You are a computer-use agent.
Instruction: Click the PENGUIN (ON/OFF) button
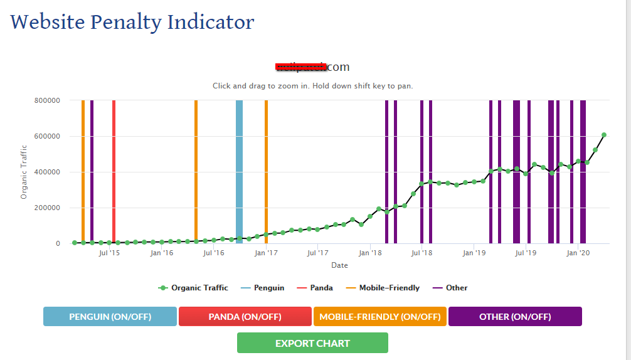(110, 317)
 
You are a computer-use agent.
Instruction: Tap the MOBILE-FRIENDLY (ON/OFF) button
(379, 317)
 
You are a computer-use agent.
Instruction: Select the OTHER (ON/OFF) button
(515, 317)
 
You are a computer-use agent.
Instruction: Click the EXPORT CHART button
(312, 343)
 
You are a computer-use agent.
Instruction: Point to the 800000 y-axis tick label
(47, 100)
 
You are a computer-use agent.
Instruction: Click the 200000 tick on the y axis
(47, 208)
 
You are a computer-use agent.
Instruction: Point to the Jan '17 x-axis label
(266, 253)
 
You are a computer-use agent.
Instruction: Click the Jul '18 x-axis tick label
(422, 253)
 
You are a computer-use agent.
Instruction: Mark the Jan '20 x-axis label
(578, 253)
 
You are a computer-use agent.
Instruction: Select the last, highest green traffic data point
(604, 135)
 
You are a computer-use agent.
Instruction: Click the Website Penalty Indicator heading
(132, 23)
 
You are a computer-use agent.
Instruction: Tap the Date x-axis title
(339, 265)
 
